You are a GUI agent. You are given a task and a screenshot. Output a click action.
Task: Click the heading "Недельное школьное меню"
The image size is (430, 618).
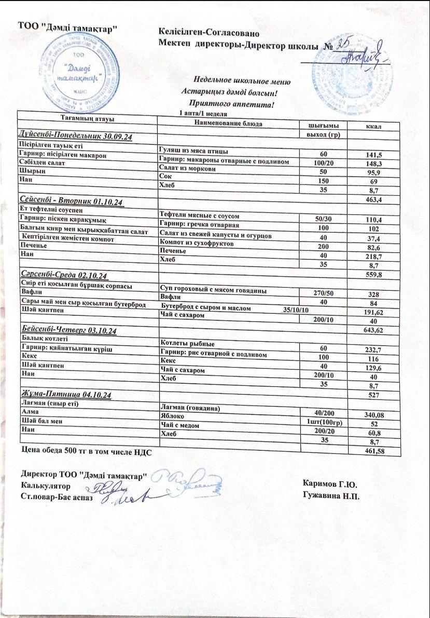[242, 81]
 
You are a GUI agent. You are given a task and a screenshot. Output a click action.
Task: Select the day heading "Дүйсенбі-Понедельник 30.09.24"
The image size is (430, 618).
[76, 136]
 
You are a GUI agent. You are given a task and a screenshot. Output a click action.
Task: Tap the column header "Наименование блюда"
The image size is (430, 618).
[228, 124]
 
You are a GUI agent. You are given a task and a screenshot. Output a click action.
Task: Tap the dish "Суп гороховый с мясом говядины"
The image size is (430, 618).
[214, 290]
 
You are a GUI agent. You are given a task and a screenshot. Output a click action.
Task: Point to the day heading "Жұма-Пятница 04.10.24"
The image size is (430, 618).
[66, 394]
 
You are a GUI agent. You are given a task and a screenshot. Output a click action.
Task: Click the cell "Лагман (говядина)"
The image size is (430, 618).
[187, 408]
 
